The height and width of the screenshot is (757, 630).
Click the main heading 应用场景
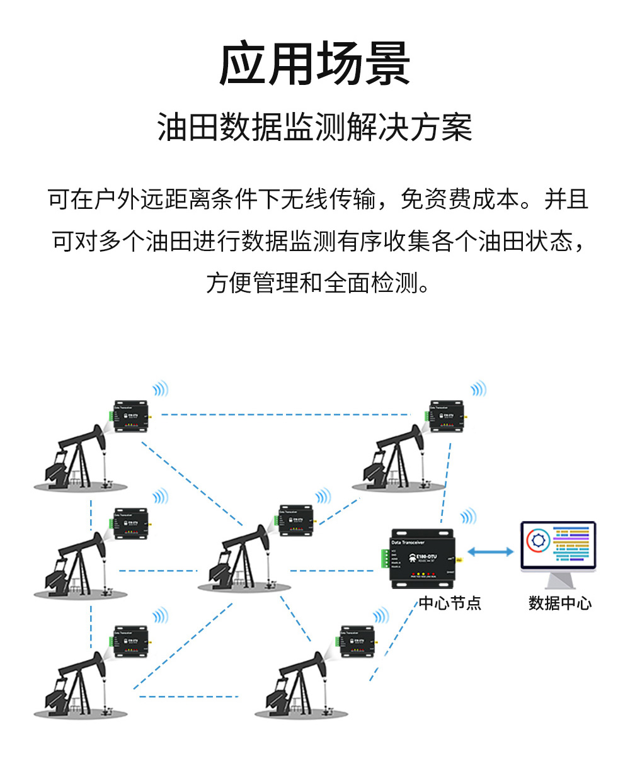click(314, 65)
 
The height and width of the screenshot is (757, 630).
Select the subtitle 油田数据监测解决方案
click(314, 127)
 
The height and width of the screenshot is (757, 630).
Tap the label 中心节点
click(450, 603)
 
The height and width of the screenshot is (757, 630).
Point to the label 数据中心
click(560, 603)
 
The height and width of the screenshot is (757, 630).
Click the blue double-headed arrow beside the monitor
click(491, 552)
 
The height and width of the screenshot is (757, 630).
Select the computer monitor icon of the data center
click(558, 554)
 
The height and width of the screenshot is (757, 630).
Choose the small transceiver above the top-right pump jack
click(446, 416)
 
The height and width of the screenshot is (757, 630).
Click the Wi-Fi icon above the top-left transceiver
click(161, 389)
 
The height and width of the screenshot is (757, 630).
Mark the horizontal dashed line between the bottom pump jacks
click(189, 696)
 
